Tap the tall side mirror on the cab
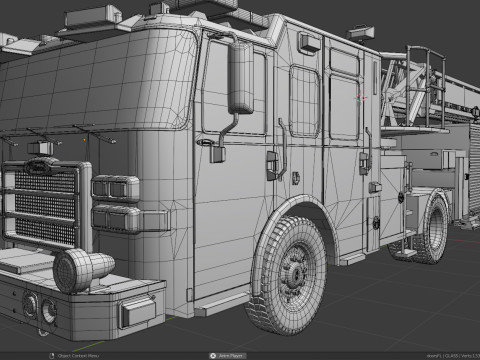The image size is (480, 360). tap(241, 77)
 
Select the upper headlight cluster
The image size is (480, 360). tap(117, 188)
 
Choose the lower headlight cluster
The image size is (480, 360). tap(117, 217)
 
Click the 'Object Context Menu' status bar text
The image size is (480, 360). tap(80, 355)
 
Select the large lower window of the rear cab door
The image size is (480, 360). tap(343, 106)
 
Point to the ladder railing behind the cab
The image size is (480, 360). tap(420, 90)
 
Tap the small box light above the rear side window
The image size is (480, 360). tap(309, 42)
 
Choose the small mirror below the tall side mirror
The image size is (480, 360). tap(218, 152)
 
